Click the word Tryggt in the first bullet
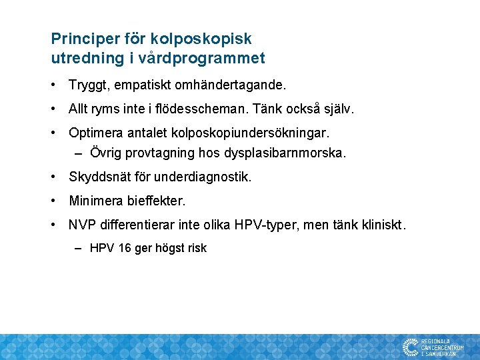(87, 85)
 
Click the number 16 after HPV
(125, 248)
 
